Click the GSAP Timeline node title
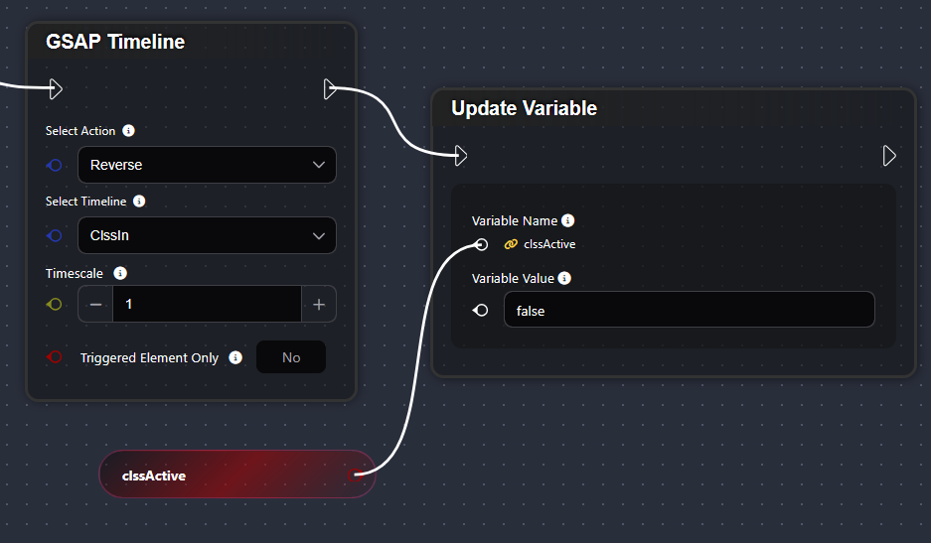[x=115, y=42]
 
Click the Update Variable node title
[x=524, y=108]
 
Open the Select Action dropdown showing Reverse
[x=207, y=165]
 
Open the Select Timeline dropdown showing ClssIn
[x=207, y=235]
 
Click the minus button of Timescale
[x=95, y=304]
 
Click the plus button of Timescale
[x=319, y=304]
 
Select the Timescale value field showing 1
[x=207, y=304]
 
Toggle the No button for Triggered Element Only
[x=290, y=357]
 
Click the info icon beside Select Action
[x=128, y=130]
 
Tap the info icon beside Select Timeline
[x=139, y=201]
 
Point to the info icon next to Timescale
[x=120, y=273]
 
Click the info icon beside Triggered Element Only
[x=235, y=357]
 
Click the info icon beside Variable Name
[x=567, y=220]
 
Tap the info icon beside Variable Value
[x=564, y=278]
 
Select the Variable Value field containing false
[x=689, y=310]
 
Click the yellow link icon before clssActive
[x=511, y=244]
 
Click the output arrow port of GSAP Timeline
[x=331, y=89]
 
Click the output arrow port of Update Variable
[x=889, y=155]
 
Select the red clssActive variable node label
[x=154, y=475]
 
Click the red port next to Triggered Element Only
[x=55, y=357]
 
